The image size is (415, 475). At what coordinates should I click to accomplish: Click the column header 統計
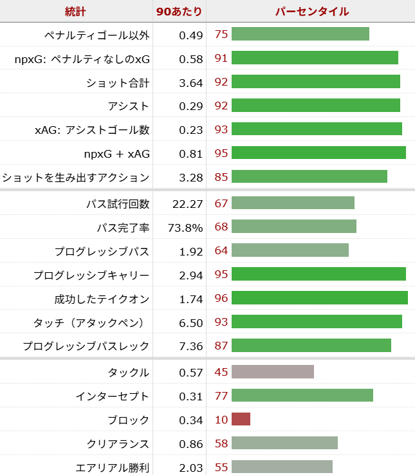(76, 12)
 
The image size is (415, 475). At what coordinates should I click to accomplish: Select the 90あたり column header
(179, 12)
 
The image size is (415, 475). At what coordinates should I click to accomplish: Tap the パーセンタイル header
(311, 12)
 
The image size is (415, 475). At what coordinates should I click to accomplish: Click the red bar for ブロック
(241, 420)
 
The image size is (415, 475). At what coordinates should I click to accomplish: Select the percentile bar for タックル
(272, 372)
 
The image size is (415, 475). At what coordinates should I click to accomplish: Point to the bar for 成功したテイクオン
(319, 297)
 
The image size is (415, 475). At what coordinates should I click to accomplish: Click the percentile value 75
(221, 34)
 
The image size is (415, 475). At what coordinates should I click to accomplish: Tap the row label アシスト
(129, 106)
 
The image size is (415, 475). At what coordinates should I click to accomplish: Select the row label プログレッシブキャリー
(91, 275)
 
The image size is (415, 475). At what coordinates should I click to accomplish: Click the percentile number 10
(221, 420)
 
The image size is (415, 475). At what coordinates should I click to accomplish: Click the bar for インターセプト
(302, 395)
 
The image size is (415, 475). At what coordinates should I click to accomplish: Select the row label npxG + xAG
(116, 154)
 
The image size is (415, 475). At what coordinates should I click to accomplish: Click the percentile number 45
(221, 372)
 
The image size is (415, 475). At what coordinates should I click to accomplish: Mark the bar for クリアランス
(284, 443)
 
